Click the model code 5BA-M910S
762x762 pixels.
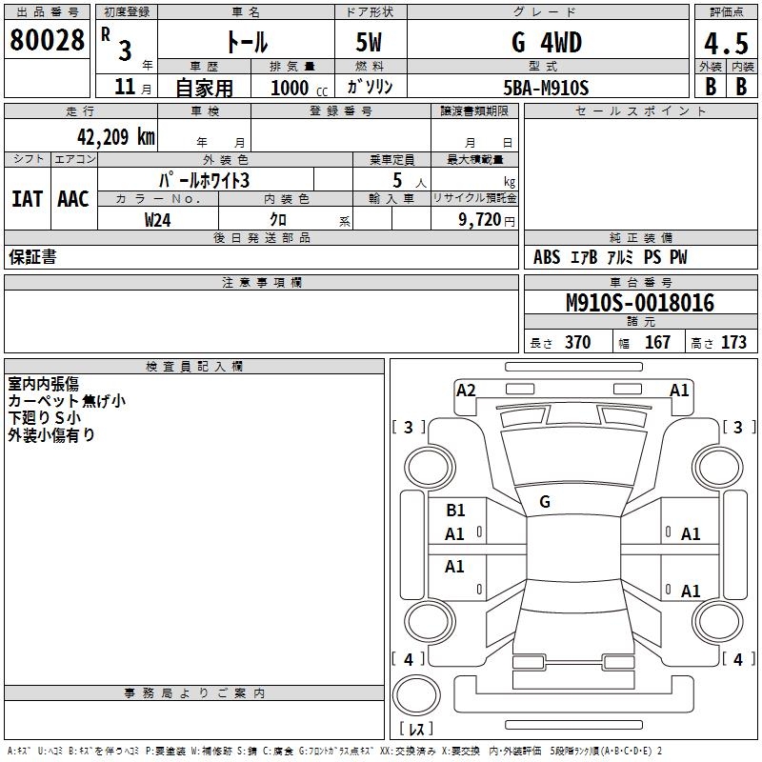pyautogui.click(x=546, y=88)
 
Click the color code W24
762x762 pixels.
pyautogui.click(x=158, y=219)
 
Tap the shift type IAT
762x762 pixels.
pyautogui.click(x=27, y=199)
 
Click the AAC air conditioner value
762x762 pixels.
pyautogui.click(x=72, y=199)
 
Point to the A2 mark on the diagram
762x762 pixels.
pyautogui.click(x=466, y=390)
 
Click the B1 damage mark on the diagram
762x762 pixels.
pyautogui.click(x=455, y=510)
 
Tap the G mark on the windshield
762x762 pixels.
pyautogui.click(x=545, y=502)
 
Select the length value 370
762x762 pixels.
pyautogui.click(x=577, y=343)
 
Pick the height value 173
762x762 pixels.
pyautogui.click(x=733, y=343)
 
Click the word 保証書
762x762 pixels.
pyautogui.click(x=32, y=257)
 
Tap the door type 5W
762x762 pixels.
pyautogui.click(x=370, y=43)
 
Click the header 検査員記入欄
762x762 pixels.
pyautogui.click(x=194, y=366)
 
